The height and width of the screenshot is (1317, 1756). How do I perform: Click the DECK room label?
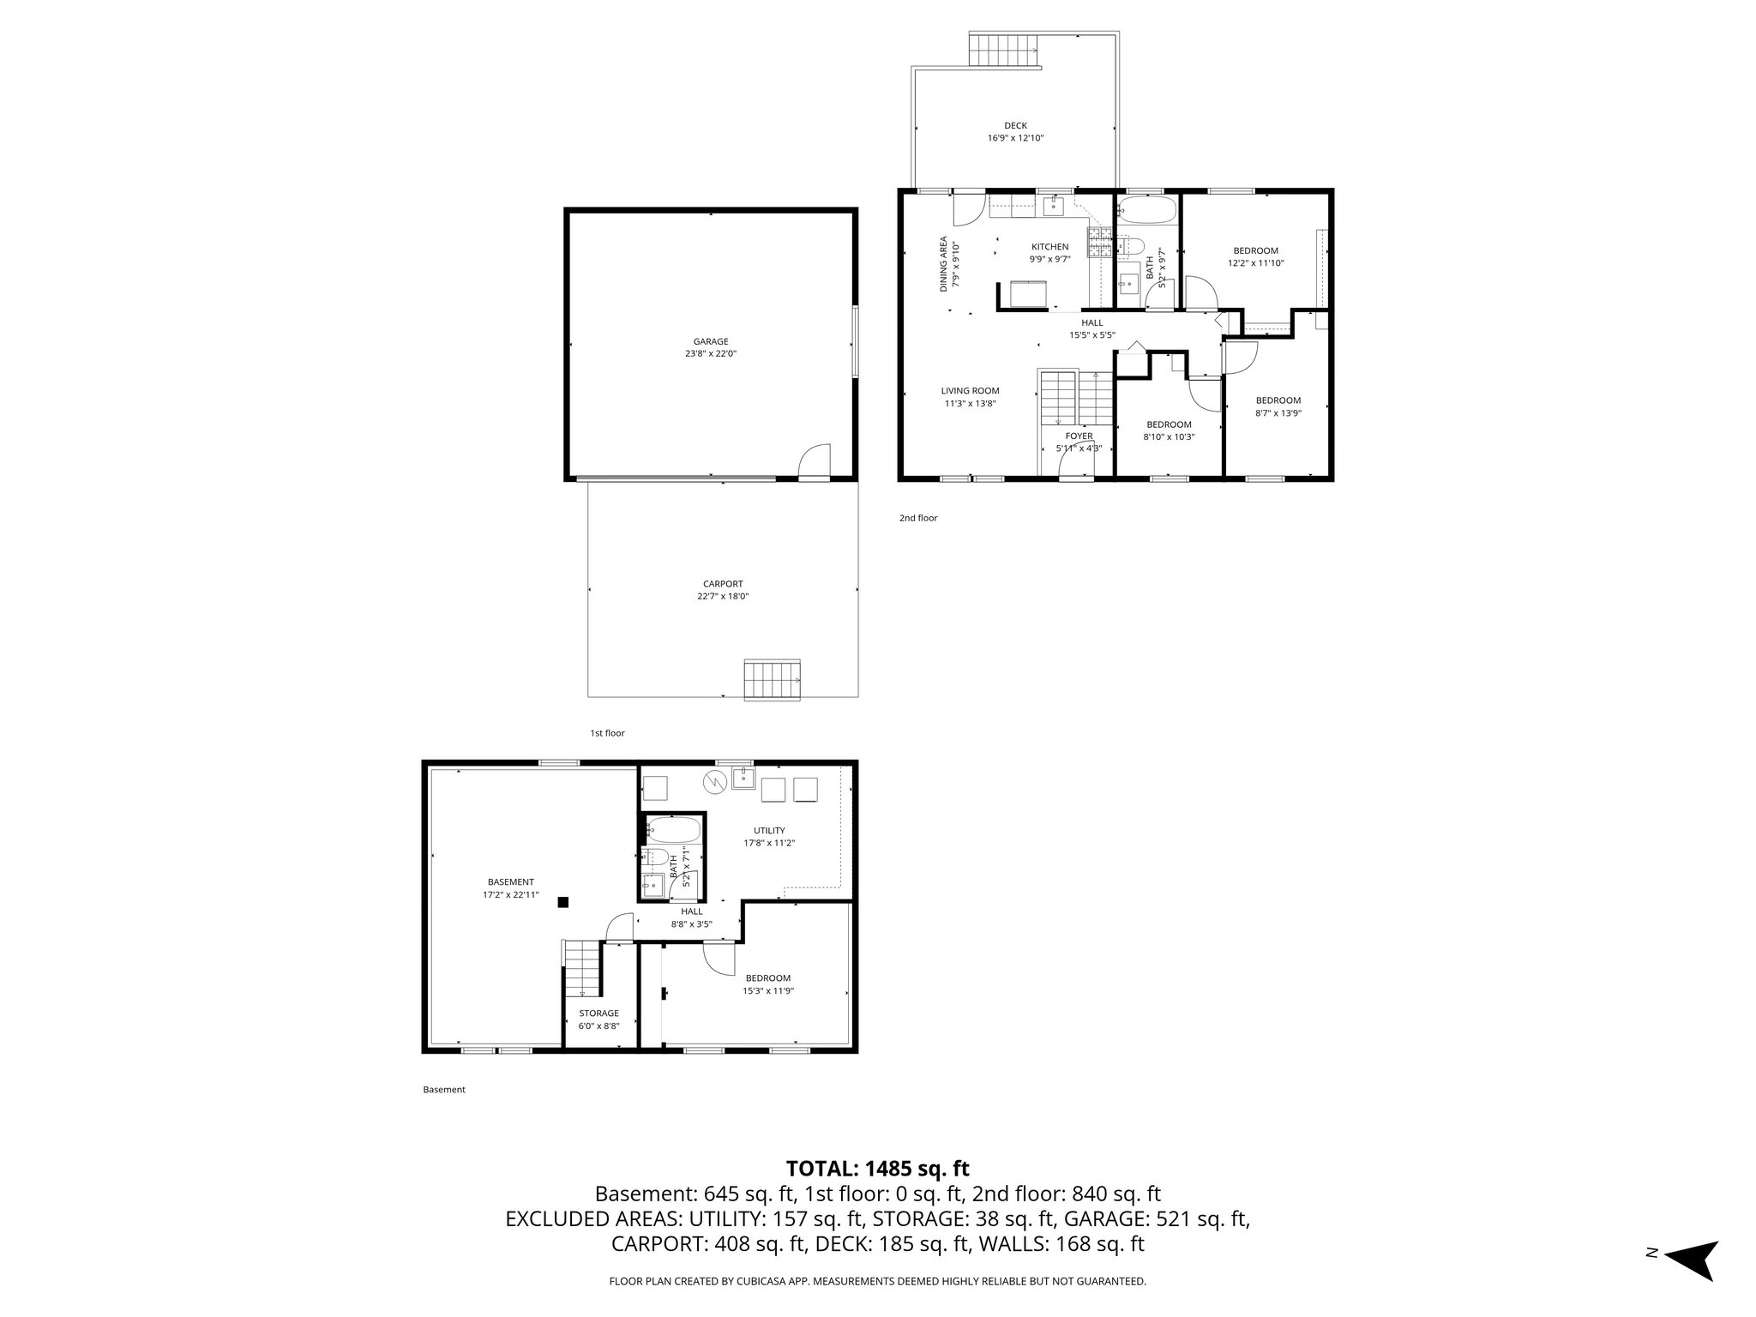click(x=1015, y=125)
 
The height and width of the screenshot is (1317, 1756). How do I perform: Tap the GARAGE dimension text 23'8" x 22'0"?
click(x=711, y=353)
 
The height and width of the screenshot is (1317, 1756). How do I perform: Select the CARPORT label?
click(x=723, y=584)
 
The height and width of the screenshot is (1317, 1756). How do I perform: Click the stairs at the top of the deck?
click(x=1004, y=49)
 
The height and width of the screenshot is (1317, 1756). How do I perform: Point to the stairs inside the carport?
click(x=771, y=679)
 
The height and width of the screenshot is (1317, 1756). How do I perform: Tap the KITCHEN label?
click(x=1049, y=247)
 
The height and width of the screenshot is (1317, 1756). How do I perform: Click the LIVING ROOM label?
click(x=970, y=391)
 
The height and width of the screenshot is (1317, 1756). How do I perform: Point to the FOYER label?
click(x=1079, y=436)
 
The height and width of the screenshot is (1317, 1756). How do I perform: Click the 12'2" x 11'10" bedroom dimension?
click(x=1255, y=263)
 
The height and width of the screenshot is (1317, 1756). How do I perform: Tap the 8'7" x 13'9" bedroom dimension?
click(x=1278, y=412)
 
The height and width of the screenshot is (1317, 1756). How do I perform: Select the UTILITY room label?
click(x=769, y=830)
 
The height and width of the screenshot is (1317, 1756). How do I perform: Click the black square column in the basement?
click(x=562, y=901)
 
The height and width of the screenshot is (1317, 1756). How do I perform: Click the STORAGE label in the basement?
click(x=598, y=1013)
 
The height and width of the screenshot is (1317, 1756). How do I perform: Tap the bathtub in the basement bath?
click(x=674, y=830)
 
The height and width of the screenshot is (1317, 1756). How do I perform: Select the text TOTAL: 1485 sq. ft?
click(x=877, y=1168)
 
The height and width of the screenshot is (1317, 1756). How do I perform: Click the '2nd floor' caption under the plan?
click(x=917, y=518)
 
